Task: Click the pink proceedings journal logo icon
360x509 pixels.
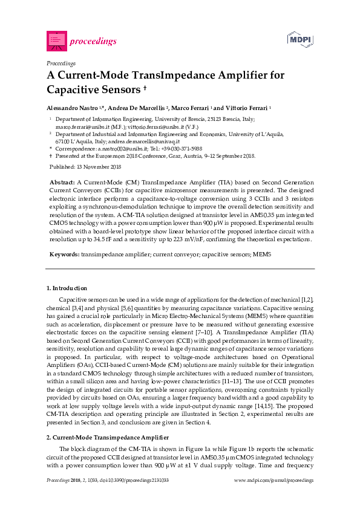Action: (x=56, y=41)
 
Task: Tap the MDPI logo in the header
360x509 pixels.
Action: (x=299, y=40)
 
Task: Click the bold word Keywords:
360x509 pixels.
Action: (x=64, y=255)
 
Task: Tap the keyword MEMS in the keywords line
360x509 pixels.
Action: (x=261, y=255)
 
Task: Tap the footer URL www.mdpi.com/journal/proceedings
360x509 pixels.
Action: (x=273, y=481)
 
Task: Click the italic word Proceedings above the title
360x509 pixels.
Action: (x=61, y=63)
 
